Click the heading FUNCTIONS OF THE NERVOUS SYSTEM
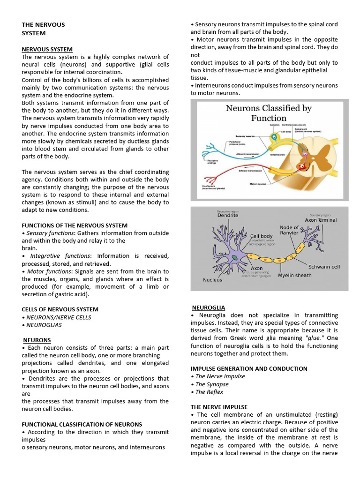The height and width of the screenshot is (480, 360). click(x=75, y=225)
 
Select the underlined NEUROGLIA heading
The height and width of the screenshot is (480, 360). click(x=209, y=307)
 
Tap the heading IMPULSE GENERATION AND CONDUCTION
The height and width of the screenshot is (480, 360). click(x=249, y=368)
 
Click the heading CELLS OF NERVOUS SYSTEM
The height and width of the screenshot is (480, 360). click(x=60, y=309)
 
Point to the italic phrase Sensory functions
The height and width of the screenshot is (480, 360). click(x=50, y=233)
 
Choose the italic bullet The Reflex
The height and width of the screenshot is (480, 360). click(x=209, y=392)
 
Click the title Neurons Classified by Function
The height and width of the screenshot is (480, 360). click(x=269, y=113)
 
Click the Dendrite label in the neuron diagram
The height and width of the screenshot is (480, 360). click(x=227, y=215)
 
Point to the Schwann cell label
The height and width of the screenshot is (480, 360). click(x=324, y=267)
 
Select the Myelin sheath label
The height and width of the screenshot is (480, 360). click(x=294, y=276)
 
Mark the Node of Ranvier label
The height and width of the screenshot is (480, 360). click(x=289, y=230)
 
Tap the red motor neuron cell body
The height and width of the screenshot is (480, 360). click(x=302, y=165)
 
